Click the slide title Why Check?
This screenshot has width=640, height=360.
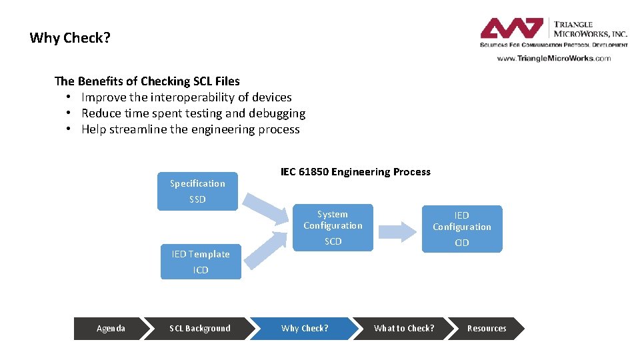[70, 38]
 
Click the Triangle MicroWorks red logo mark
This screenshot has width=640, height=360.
[511, 29]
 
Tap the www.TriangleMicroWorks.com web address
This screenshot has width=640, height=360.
[553, 58]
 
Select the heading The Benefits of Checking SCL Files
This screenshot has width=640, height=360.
[147, 81]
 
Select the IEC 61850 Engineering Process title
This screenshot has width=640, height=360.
[355, 172]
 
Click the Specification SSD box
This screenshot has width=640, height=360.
[197, 191]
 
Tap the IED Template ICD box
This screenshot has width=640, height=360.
[201, 261]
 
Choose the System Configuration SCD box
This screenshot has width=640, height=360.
[333, 227]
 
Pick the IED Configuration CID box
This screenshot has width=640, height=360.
[461, 229]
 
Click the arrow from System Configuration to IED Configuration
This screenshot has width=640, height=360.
[398, 231]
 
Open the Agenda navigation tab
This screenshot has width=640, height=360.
[111, 329]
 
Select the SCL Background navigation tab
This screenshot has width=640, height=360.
[200, 329]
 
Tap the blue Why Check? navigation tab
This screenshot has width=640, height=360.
[305, 329]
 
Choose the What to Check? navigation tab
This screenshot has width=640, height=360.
[403, 329]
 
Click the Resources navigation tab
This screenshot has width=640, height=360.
[487, 329]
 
